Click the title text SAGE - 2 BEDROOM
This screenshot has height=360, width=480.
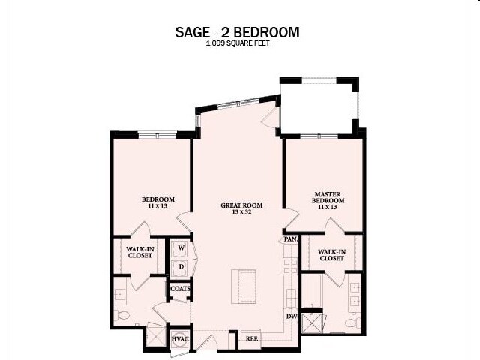pyautogui.click(x=237, y=32)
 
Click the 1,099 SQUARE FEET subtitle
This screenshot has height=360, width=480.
pyautogui.click(x=237, y=44)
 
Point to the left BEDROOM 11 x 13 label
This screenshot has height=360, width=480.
pyautogui.click(x=158, y=202)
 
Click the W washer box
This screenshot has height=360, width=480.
pyautogui.click(x=181, y=248)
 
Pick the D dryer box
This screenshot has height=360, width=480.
pyautogui.click(x=181, y=265)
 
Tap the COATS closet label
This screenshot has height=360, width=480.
pyautogui.click(x=180, y=288)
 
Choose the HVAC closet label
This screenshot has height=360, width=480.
pyautogui.click(x=179, y=339)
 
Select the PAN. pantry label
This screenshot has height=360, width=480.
pyautogui.click(x=290, y=240)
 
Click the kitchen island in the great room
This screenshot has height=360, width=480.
pyautogui.click(x=243, y=286)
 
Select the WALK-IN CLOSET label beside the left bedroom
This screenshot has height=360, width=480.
pyautogui.click(x=139, y=253)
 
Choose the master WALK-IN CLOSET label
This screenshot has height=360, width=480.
pyautogui.click(x=331, y=255)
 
